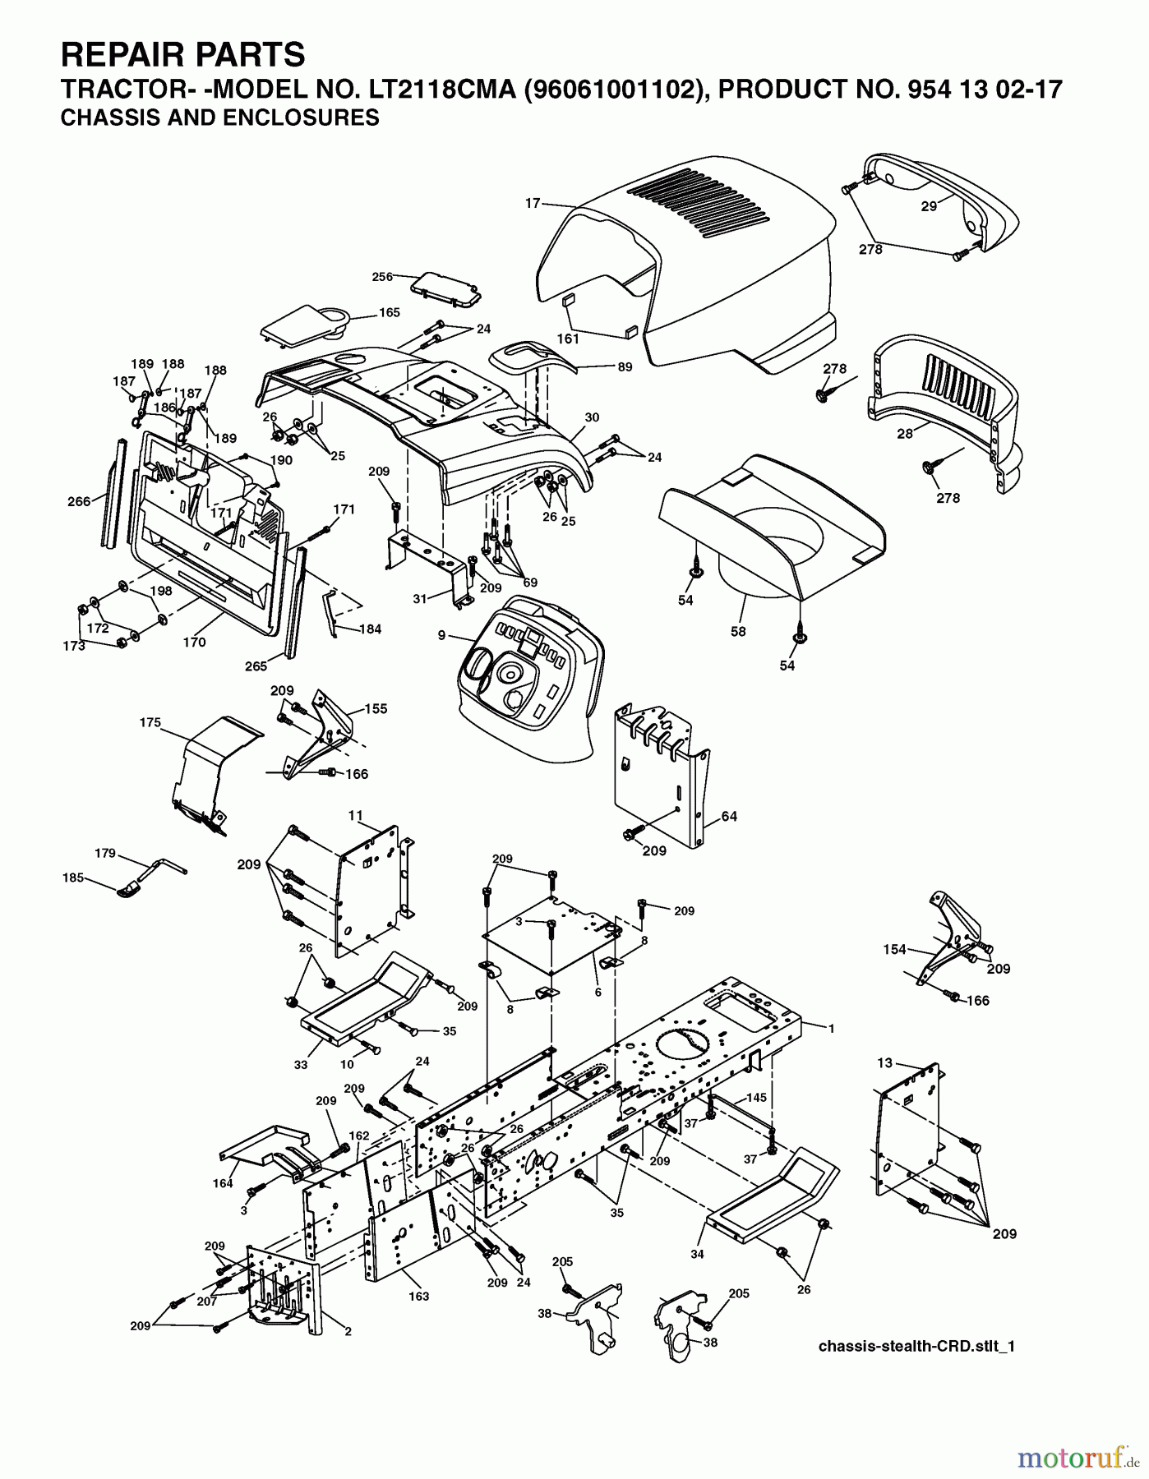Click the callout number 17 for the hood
click(x=533, y=203)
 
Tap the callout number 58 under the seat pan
click(x=738, y=631)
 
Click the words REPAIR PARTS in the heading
click(x=183, y=54)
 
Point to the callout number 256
click(x=382, y=276)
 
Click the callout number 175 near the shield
click(x=150, y=723)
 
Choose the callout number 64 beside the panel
click(x=729, y=816)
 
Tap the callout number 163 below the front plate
click(x=418, y=1296)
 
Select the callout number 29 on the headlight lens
click(x=928, y=206)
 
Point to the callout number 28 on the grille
click(x=905, y=433)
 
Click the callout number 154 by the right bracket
click(x=894, y=949)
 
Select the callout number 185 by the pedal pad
click(x=73, y=878)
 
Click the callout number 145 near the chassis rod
click(x=757, y=1097)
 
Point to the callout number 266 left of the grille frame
click(x=79, y=501)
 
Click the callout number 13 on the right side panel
click(x=884, y=1062)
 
